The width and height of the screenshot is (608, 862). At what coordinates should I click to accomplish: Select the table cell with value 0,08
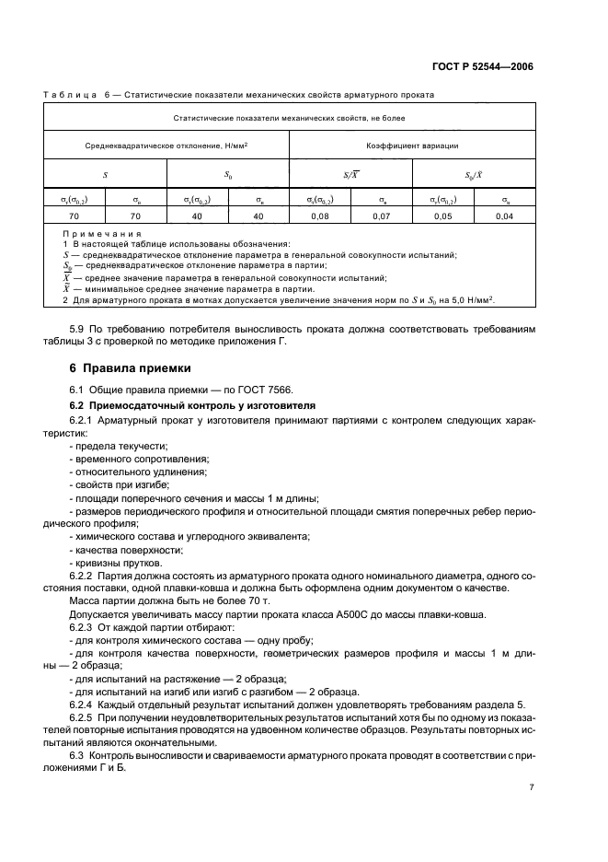(x=319, y=215)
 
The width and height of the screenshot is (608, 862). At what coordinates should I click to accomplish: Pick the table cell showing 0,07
(x=381, y=215)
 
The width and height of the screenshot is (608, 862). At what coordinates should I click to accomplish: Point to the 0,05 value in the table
(x=442, y=215)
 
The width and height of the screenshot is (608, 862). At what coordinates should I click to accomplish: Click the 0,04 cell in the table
(x=504, y=215)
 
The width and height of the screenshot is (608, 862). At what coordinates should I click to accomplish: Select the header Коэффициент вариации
(x=412, y=145)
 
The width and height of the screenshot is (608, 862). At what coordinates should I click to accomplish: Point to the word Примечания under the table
(x=97, y=234)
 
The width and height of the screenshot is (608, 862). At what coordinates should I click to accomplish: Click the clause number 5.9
(x=79, y=328)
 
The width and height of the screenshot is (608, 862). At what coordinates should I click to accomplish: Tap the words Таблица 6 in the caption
(x=96, y=94)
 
